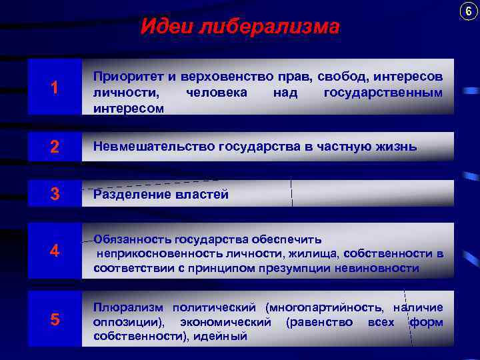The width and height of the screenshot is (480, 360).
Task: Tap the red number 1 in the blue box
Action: (x=54, y=87)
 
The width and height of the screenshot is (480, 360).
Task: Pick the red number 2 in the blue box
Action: (x=54, y=147)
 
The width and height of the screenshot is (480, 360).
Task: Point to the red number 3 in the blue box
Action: (x=54, y=195)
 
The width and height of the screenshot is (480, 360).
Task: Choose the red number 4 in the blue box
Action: (x=54, y=252)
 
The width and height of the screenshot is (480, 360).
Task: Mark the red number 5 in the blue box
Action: (x=54, y=320)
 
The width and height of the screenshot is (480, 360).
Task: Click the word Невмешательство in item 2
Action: (x=154, y=147)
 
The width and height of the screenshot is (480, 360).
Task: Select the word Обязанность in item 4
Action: (x=133, y=239)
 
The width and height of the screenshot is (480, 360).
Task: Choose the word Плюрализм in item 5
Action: (x=127, y=307)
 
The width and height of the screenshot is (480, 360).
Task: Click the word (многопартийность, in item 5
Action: (x=323, y=307)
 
